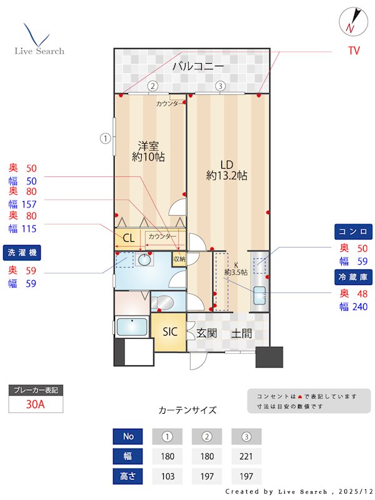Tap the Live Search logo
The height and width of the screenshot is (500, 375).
click(39, 40)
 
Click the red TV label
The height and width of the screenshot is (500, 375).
click(354, 51)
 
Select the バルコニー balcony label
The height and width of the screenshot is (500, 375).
click(198, 66)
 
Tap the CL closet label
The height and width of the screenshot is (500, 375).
click(128, 237)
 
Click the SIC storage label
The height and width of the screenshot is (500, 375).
click(170, 332)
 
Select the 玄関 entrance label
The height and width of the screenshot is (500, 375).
click(206, 333)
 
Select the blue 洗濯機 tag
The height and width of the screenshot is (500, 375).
click(23, 253)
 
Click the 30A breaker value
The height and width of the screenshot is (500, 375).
click(36, 404)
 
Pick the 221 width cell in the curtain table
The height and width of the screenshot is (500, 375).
click(246, 456)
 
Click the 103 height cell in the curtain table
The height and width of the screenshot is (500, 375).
click(167, 476)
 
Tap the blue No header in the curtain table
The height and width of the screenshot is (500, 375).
click(127, 436)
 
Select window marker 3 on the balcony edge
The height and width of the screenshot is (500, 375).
click(220, 86)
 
